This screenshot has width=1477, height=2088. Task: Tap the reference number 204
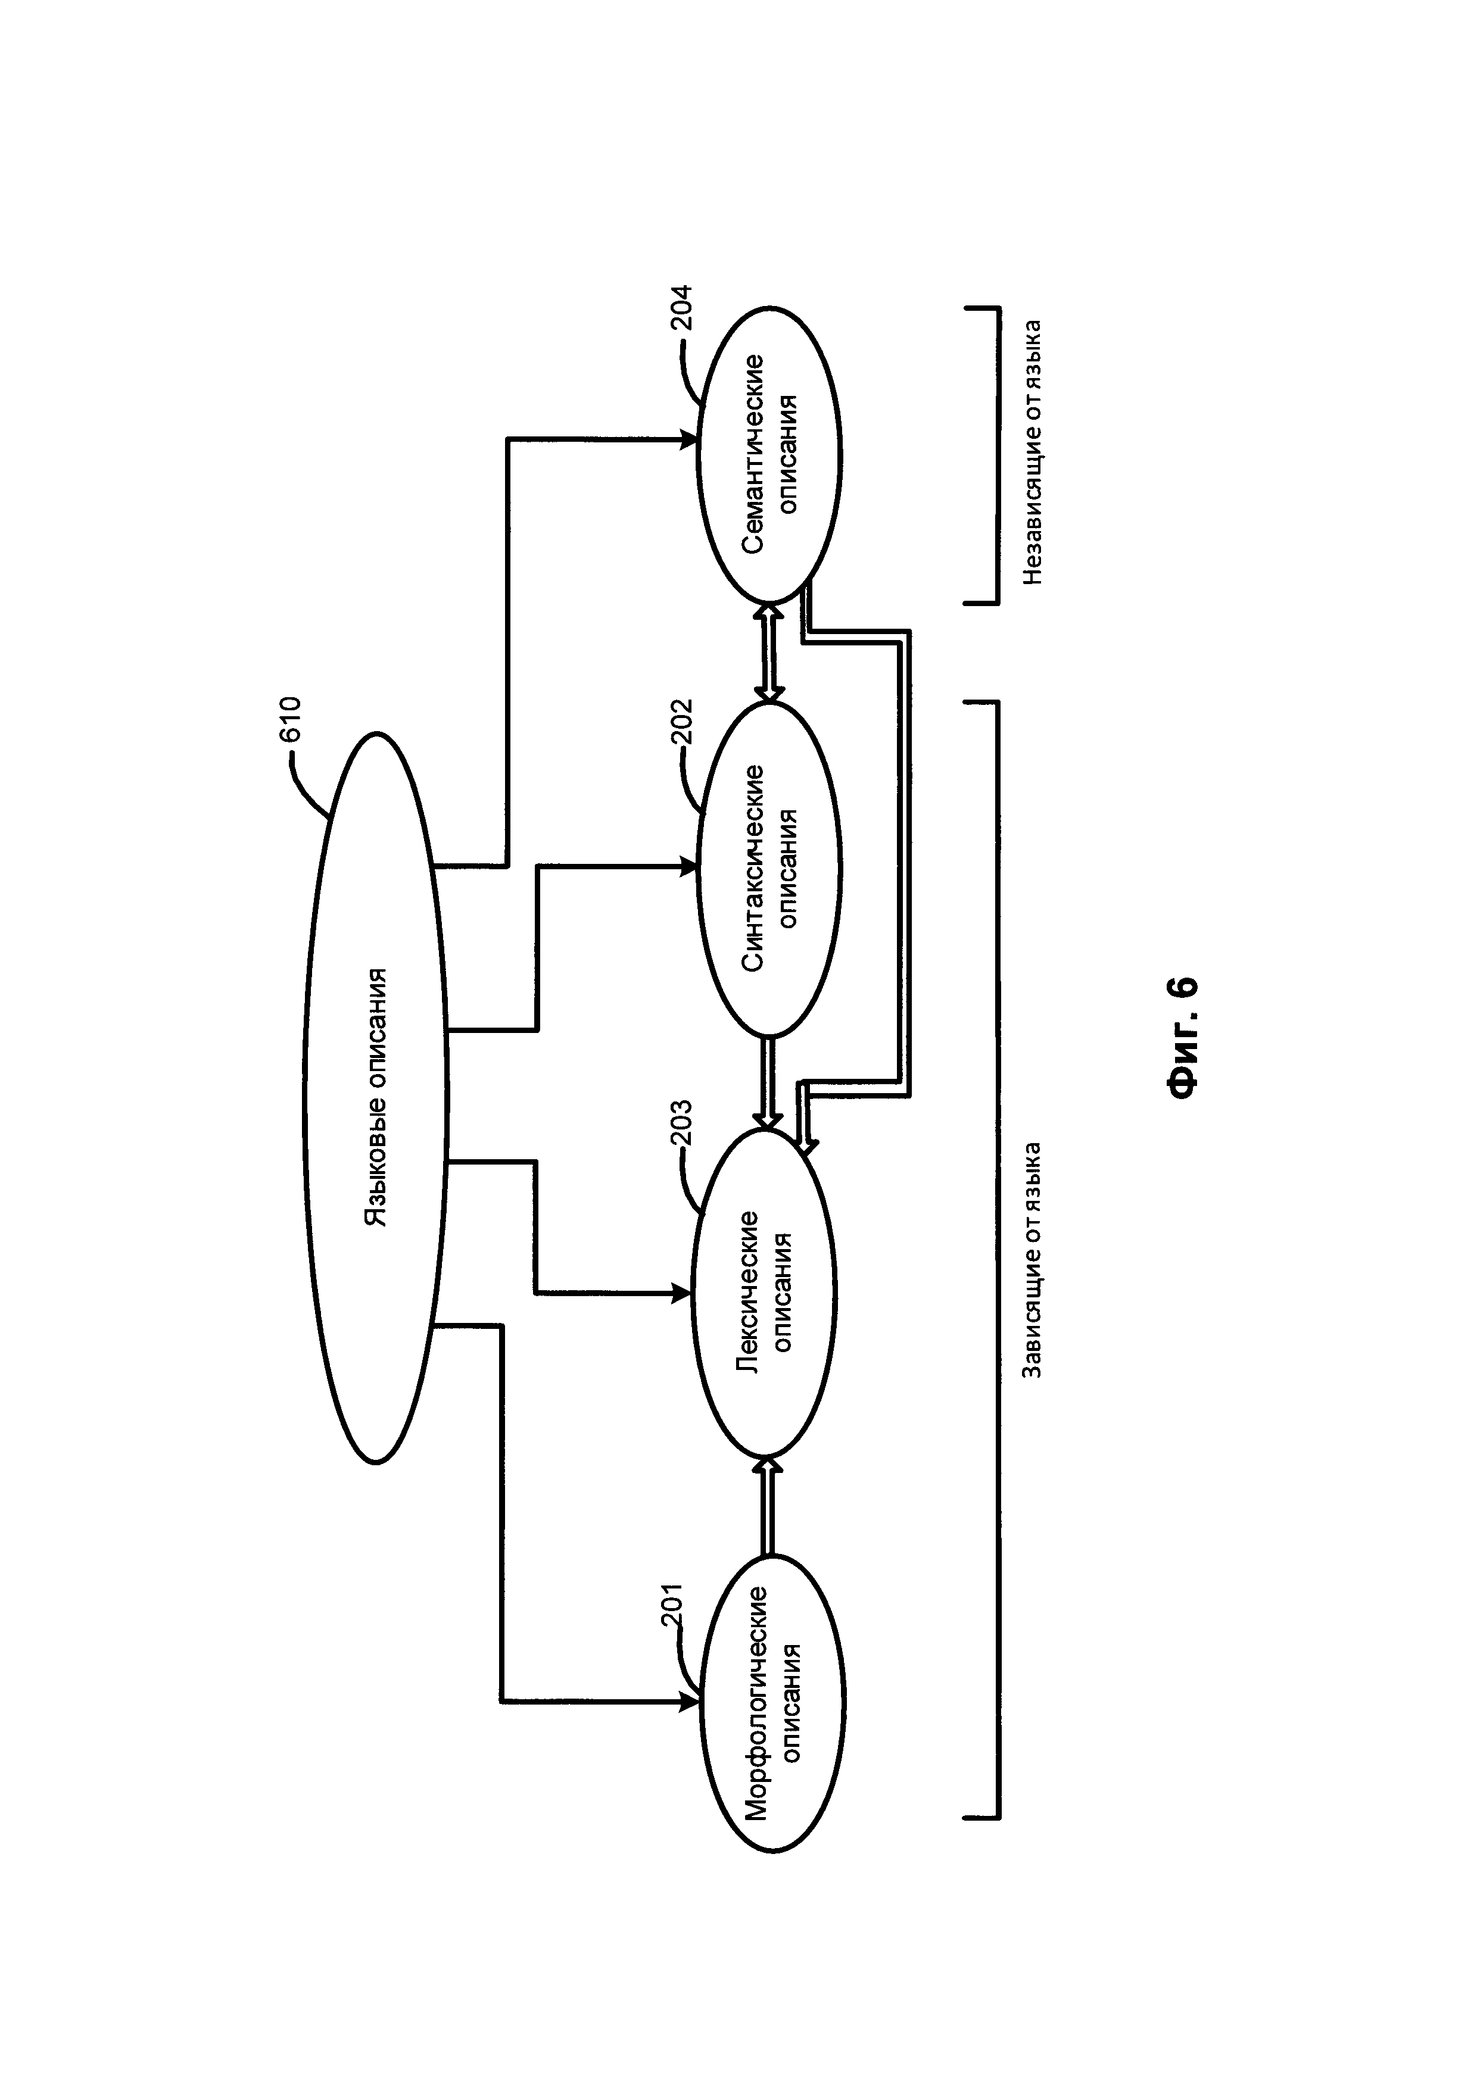682,308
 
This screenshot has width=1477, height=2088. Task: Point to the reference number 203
682,1124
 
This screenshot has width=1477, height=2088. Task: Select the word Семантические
753,454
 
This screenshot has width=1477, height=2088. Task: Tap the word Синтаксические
753,869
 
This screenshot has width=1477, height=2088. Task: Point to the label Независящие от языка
1032,452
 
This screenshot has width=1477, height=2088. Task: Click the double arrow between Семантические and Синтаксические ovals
769,652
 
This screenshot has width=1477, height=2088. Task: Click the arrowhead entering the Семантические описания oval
690,440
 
